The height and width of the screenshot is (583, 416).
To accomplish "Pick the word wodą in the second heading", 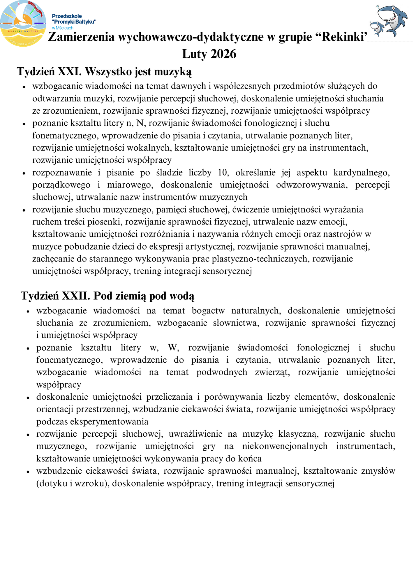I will pos(182,296).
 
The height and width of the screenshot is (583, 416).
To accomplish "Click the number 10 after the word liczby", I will pos(223,173).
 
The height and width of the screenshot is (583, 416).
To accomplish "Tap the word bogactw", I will pos(208,310).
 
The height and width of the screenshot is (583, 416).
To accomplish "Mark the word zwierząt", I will pos(272,372).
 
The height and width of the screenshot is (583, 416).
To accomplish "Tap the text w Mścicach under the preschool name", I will pos(63,28).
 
